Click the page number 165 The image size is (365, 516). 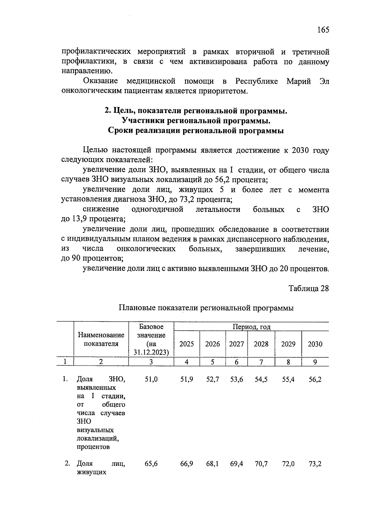pyautogui.click(x=323, y=30)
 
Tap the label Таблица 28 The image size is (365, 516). pyautogui.click(x=309, y=288)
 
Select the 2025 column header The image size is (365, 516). pyautogui.click(x=186, y=344)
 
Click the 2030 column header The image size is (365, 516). pyautogui.click(x=315, y=344)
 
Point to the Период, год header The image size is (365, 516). pyautogui.click(x=251, y=327)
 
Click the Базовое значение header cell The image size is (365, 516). pyautogui.click(x=151, y=339)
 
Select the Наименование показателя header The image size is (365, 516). pyautogui.click(x=101, y=339)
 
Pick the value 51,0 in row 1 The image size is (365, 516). pyautogui.click(x=151, y=379)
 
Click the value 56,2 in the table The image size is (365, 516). pyautogui.click(x=315, y=379)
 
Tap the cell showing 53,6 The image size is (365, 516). pyautogui.click(x=237, y=379)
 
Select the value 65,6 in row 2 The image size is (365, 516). pyautogui.click(x=151, y=464)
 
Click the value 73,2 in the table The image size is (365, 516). pyautogui.click(x=315, y=464)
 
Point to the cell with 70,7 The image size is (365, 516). pyautogui.click(x=261, y=464)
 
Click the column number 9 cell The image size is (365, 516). pyautogui.click(x=315, y=362)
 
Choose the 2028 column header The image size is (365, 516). pyautogui.click(x=261, y=344)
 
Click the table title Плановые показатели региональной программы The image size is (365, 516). pyautogui.click(x=206, y=308)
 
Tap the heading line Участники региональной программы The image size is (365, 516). pyautogui.click(x=196, y=121)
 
